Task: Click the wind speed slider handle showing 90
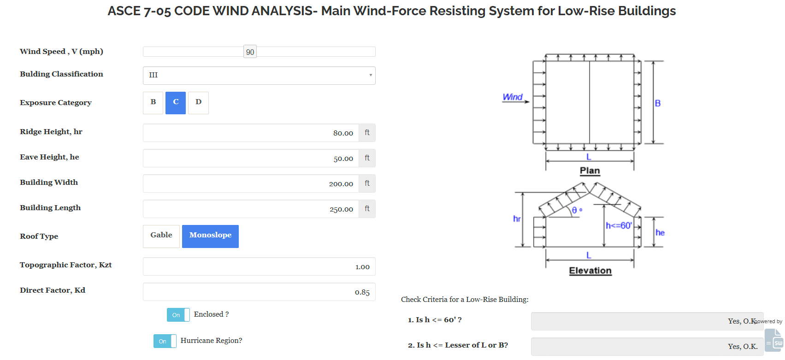coord(250,52)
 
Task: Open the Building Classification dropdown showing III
coord(259,75)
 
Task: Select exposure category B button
coord(153,102)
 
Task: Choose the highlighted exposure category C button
coord(176,102)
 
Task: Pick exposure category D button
coord(198,102)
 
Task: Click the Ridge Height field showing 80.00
coord(251,133)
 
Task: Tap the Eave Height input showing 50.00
coord(251,158)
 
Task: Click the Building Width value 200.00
coord(251,183)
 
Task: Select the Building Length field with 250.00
coord(251,209)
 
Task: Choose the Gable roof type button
coord(161,236)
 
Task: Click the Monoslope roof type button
coord(210,236)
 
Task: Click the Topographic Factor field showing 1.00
coord(259,266)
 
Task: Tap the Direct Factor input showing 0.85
coord(259,292)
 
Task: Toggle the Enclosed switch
coord(178,315)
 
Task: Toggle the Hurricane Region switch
coord(165,341)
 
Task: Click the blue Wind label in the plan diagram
coord(513,97)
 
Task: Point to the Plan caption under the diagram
coord(590,171)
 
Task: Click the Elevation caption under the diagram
coord(590,271)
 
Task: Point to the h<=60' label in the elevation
coord(619,225)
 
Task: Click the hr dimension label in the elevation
coord(517,218)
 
